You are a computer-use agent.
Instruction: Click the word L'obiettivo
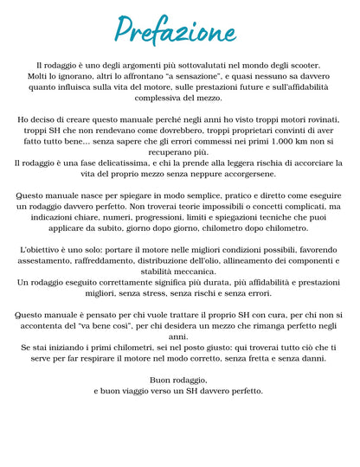pos(39,249)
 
